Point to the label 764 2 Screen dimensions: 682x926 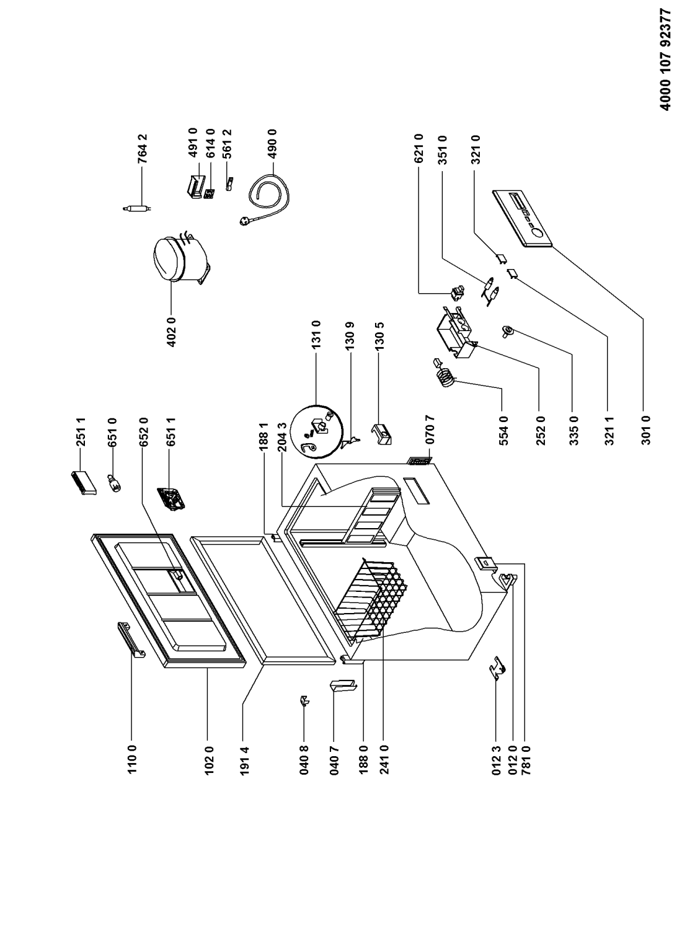pos(143,148)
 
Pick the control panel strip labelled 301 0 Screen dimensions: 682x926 pos(522,219)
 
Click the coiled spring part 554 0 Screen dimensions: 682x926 pos(444,373)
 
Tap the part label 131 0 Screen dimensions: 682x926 pos(317,335)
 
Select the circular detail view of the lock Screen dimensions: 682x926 pos(316,431)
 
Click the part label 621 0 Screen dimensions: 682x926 pos(418,148)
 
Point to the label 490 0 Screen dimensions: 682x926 pos(272,144)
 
